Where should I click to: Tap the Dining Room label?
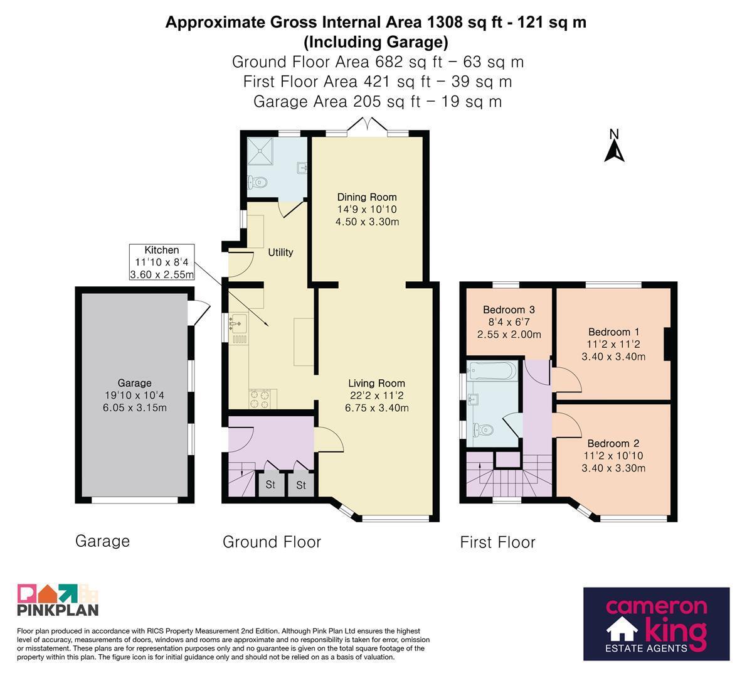(x=367, y=197)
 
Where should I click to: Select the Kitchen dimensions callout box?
(x=162, y=262)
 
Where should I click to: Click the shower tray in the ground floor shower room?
(x=260, y=151)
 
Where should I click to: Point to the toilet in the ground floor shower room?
(x=258, y=182)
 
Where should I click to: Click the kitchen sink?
(x=238, y=323)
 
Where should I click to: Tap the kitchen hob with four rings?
(x=260, y=399)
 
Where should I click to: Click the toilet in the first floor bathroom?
(x=482, y=430)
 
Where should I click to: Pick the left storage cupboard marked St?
(x=270, y=485)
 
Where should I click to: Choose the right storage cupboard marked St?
(x=300, y=485)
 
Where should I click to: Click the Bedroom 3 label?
(x=509, y=309)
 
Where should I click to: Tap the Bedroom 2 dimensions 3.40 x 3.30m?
(x=613, y=468)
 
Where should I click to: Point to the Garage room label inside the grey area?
(x=135, y=383)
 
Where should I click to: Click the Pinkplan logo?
(x=58, y=600)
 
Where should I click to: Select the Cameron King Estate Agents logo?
(x=657, y=623)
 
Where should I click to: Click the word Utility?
(x=280, y=252)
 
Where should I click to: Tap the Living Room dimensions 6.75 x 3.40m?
(x=377, y=407)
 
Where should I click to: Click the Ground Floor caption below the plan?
(x=272, y=542)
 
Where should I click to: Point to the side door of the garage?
(x=199, y=312)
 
